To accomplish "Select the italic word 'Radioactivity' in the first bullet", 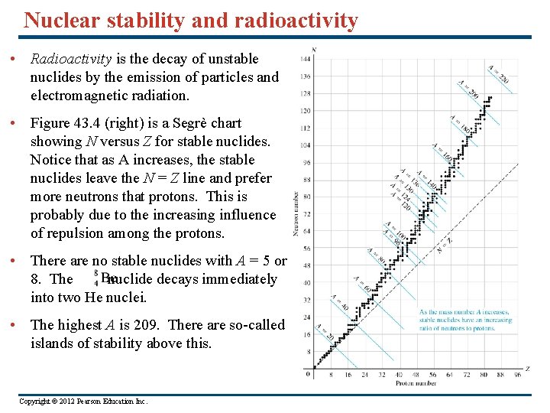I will [x=71, y=59].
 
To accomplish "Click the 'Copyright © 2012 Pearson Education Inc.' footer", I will [x=82, y=401].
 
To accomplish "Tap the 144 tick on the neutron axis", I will [x=305, y=59].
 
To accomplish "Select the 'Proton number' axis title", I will [x=416, y=383].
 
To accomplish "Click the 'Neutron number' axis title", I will [x=296, y=213].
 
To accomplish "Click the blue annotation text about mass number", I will [x=465, y=319].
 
